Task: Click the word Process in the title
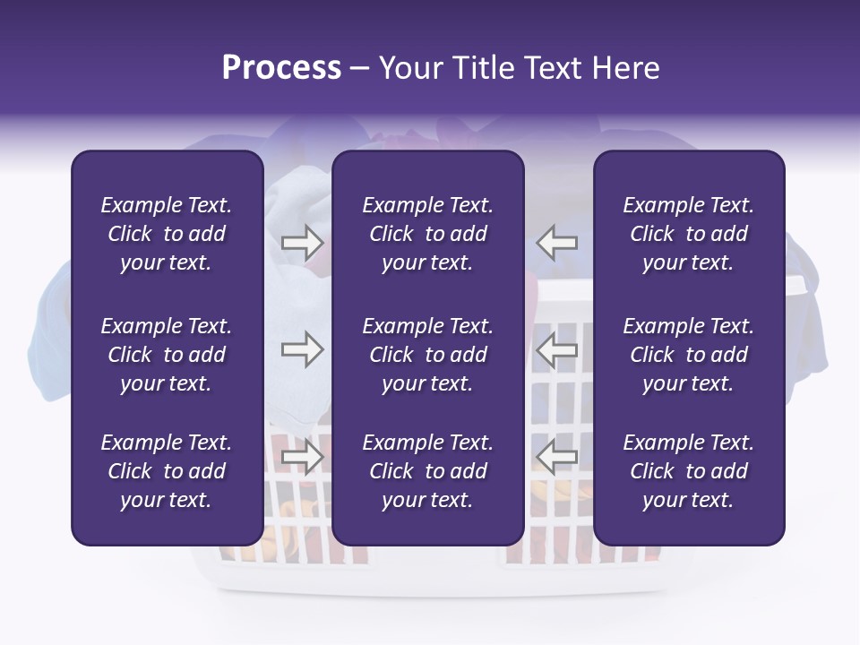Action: pos(281,68)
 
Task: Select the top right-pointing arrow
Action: pos(302,243)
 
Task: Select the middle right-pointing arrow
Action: pos(302,349)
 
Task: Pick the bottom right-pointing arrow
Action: pos(302,457)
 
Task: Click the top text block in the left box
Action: pos(167,234)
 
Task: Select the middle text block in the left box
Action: pos(167,355)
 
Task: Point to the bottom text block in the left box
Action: pos(167,471)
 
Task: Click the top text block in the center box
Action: pos(428,234)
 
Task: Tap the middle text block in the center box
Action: pos(428,355)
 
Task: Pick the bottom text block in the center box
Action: pos(428,471)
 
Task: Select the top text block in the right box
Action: pos(689,234)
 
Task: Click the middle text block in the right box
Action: pos(689,355)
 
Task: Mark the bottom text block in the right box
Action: pos(689,471)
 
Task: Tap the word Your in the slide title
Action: pos(409,68)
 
